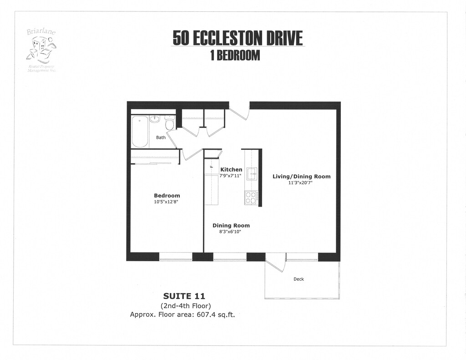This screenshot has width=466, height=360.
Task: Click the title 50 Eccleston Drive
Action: tap(237, 39)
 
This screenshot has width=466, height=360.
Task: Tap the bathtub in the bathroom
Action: tap(140, 131)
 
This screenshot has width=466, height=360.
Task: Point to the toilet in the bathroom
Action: tap(169, 123)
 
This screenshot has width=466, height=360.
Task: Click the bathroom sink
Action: tap(155, 119)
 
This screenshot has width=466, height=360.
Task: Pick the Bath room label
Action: tap(161, 137)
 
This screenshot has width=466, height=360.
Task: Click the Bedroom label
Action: tap(167, 196)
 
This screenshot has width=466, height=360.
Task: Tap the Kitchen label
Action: tap(231, 170)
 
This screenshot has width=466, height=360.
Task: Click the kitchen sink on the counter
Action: tap(252, 173)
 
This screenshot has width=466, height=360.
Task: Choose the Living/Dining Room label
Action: tap(301, 177)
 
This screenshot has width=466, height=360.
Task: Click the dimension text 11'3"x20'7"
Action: tap(300, 183)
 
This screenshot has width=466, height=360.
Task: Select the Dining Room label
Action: tap(231, 226)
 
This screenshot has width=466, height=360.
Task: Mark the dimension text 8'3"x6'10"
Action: tap(230, 232)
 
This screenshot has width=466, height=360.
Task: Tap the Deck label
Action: tap(299, 279)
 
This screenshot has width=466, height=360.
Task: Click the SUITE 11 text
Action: tap(184, 296)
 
